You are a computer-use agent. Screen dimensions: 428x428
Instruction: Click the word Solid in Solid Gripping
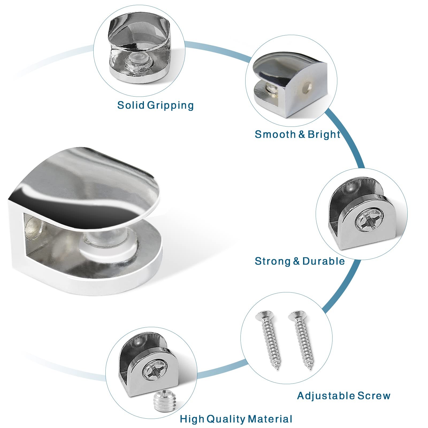(x=131, y=105)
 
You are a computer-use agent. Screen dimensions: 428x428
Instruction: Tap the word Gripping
(x=170, y=105)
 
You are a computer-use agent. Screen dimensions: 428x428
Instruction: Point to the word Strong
(x=273, y=261)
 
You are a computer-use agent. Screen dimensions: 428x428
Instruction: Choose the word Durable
(x=324, y=261)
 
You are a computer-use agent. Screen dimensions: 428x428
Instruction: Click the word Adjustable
(x=326, y=396)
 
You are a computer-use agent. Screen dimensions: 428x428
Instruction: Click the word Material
(x=270, y=419)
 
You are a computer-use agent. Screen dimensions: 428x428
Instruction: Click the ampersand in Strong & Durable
(x=296, y=261)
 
